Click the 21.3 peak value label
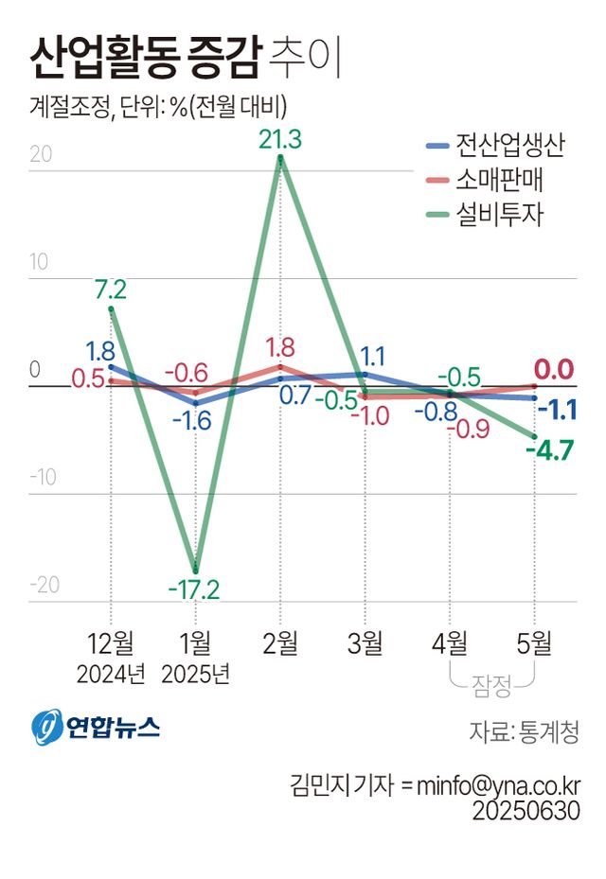coord(279,140)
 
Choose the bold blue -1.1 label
coord(558,410)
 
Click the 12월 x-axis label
coord(112,643)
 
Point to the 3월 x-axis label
coord(365,643)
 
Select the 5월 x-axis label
coord(535,643)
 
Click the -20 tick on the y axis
coord(44,584)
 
